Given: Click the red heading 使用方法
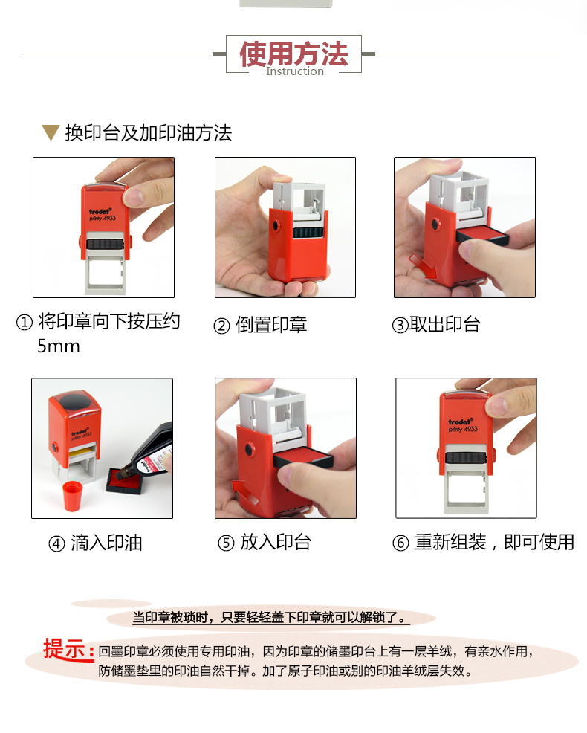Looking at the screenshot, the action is click(294, 54).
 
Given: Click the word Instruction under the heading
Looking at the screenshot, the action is click(295, 71).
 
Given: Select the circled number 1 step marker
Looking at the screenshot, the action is click(25, 322).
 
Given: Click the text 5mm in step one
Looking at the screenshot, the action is click(59, 346).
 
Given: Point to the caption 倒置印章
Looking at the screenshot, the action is click(271, 324).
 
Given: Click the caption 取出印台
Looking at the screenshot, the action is click(445, 324).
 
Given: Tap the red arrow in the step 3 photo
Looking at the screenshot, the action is click(423, 265).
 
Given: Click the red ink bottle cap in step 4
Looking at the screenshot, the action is click(72, 497).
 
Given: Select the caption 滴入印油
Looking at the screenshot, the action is click(106, 543).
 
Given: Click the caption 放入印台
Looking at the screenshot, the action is click(276, 542).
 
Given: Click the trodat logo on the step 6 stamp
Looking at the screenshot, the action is click(461, 422).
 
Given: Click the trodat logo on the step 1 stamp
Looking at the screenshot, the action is click(100, 211).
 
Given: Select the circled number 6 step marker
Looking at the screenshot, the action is click(400, 543).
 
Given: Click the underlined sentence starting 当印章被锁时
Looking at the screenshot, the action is click(270, 618).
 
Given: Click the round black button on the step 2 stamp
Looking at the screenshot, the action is click(275, 227).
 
